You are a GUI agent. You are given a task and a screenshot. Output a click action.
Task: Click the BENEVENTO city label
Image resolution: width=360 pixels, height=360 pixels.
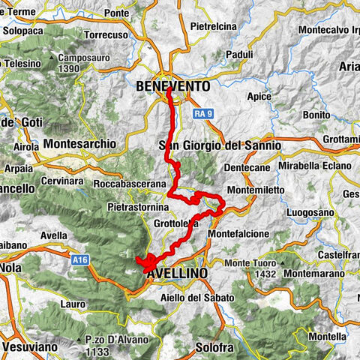point(173,87)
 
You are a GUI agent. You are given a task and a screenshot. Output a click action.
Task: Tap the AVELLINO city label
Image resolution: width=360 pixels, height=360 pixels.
point(178,274)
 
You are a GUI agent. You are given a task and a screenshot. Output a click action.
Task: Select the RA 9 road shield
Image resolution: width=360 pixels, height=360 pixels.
point(199,113)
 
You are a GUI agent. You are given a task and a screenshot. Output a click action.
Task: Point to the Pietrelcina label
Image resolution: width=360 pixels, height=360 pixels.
point(214,26)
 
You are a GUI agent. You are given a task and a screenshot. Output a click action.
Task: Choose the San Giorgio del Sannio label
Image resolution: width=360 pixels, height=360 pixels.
point(220,145)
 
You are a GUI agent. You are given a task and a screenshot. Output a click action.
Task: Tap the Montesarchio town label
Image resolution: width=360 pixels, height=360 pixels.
point(80,142)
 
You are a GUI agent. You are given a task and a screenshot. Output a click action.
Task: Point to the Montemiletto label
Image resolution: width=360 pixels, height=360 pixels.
point(255,190)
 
